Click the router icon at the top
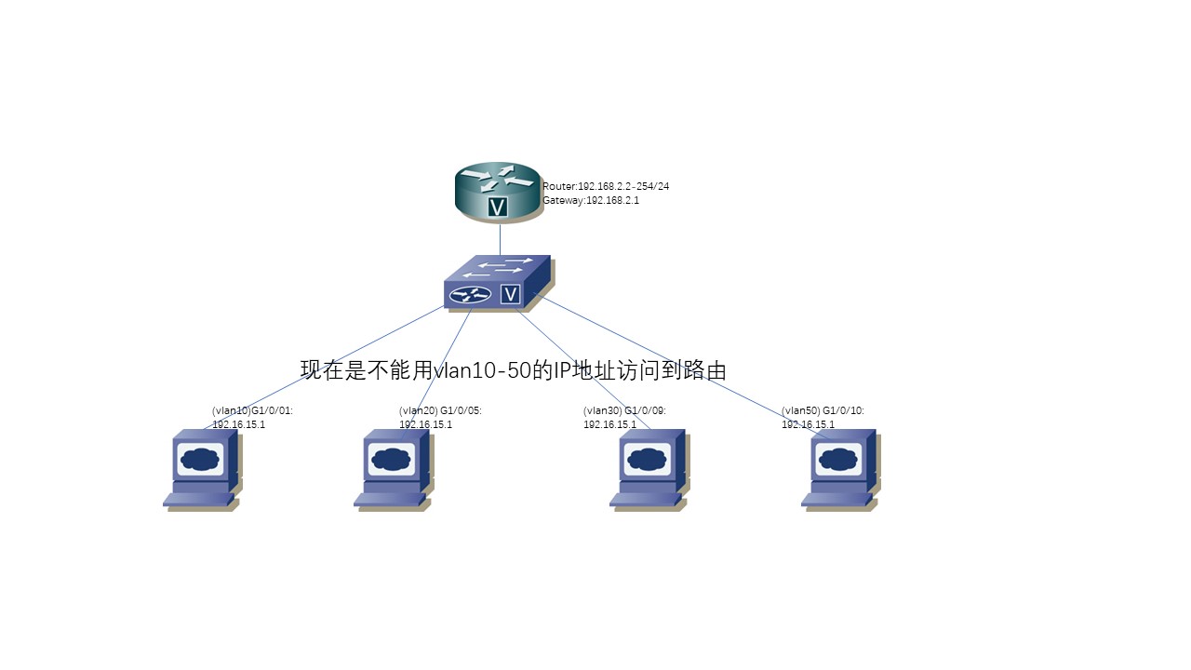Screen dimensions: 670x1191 [x=498, y=192]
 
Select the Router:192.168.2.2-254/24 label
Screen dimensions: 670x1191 [x=606, y=186]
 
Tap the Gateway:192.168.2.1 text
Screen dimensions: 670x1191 [x=591, y=201]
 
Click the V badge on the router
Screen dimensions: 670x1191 [x=498, y=207]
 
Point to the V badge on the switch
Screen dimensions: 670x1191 [x=510, y=294]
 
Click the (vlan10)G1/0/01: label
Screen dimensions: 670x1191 [x=253, y=410]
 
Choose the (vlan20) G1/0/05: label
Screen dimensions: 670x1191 [x=440, y=410]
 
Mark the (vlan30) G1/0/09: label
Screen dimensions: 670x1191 [x=624, y=410]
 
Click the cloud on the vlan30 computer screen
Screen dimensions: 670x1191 [x=644, y=459]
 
